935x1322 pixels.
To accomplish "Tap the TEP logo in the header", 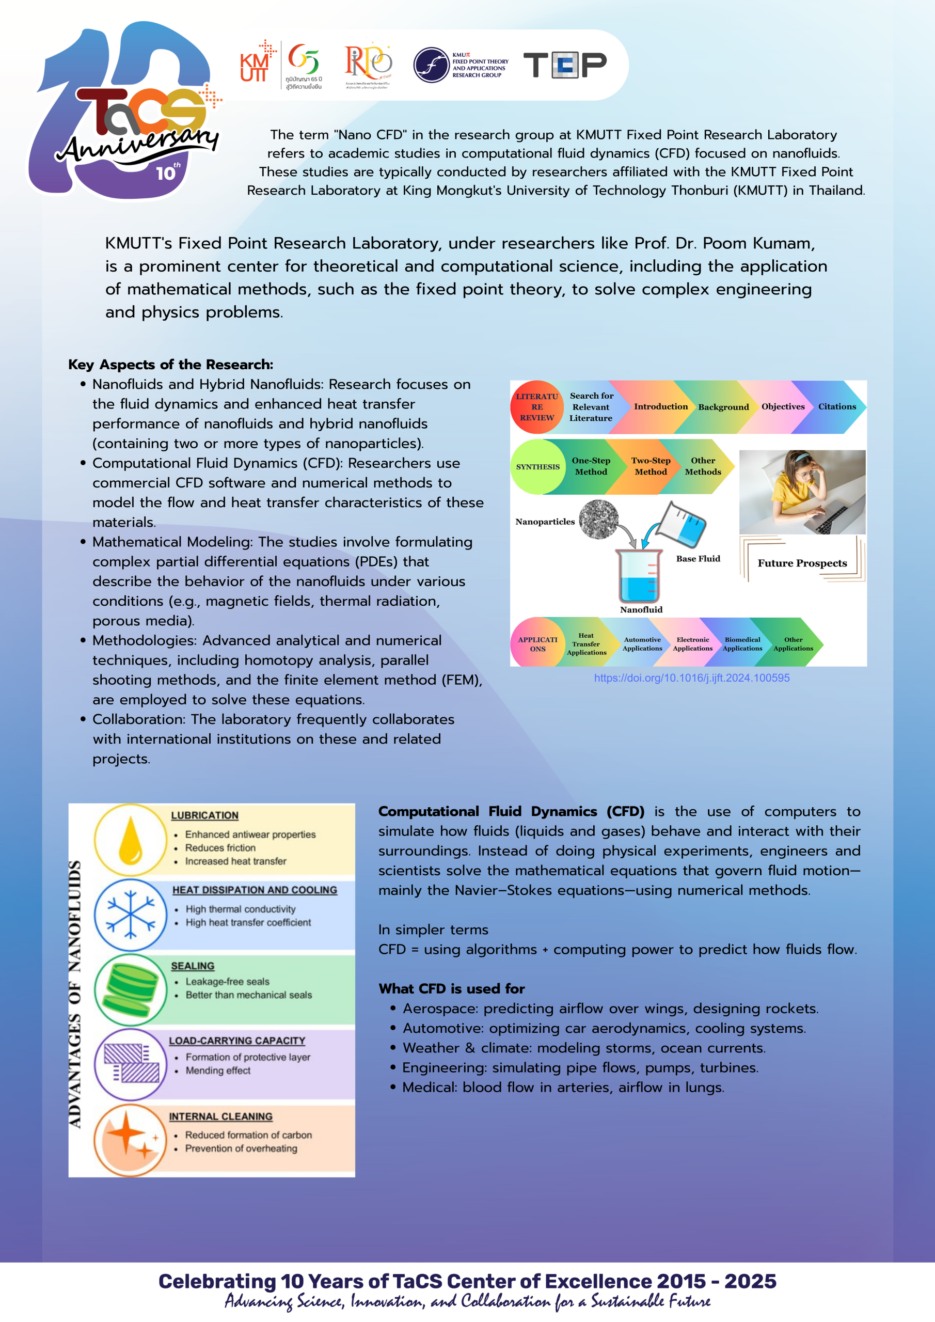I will pos(564,65).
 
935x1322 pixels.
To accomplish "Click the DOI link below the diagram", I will pos(691,678).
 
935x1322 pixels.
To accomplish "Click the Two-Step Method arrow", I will pos(651,466).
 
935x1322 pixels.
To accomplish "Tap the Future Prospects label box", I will pos(802,563).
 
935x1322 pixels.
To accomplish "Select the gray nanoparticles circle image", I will pos(599,520).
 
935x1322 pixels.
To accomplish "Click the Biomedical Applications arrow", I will pos(742,644).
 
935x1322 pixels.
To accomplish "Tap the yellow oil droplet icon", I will pos(131,840).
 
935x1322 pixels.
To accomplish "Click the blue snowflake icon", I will pos(131,915).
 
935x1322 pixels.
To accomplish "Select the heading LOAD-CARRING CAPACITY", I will pos(236,1041).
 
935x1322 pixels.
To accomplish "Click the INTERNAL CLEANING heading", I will pos(220,1116).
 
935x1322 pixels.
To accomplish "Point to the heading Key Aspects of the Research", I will pos(170,365).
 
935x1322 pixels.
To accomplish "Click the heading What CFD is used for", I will pos(451,988).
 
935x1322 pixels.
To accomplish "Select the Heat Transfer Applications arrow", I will pos(586,644).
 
